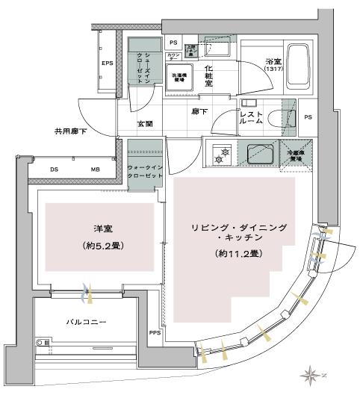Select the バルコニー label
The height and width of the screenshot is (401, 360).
81,322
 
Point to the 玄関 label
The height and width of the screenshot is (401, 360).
145,125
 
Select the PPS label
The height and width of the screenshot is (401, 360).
154,333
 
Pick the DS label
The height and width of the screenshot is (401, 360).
54,170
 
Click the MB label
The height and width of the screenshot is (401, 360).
94,170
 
